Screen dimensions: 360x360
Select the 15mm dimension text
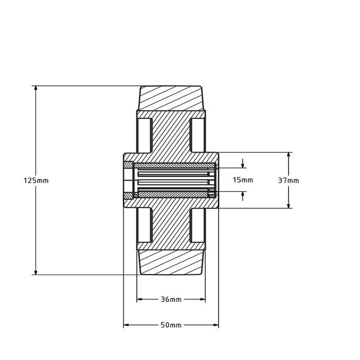pos(243,180)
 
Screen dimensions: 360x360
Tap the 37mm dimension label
pos(289,180)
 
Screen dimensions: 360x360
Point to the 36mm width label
pos(171,299)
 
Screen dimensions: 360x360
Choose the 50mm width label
pos(171,325)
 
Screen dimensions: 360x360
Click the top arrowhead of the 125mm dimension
pos(35,88)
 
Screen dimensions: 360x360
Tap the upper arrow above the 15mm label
pos(243,165)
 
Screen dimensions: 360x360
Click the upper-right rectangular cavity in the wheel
pos(197,135)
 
